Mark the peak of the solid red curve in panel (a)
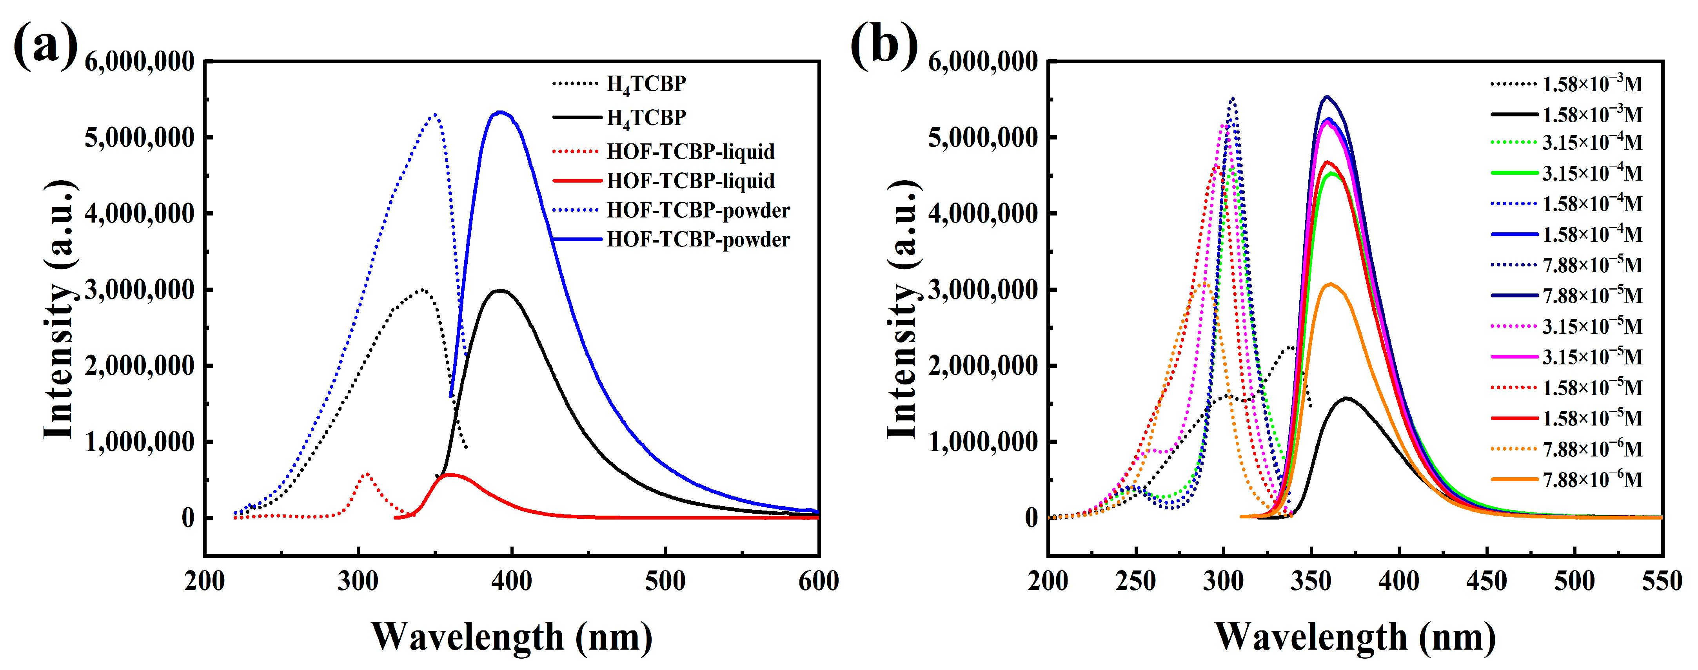click(450, 474)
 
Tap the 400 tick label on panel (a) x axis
click(512, 581)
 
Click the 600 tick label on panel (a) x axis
click(818, 581)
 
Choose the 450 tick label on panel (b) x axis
click(1486, 581)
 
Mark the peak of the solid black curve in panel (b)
click(1346, 398)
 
